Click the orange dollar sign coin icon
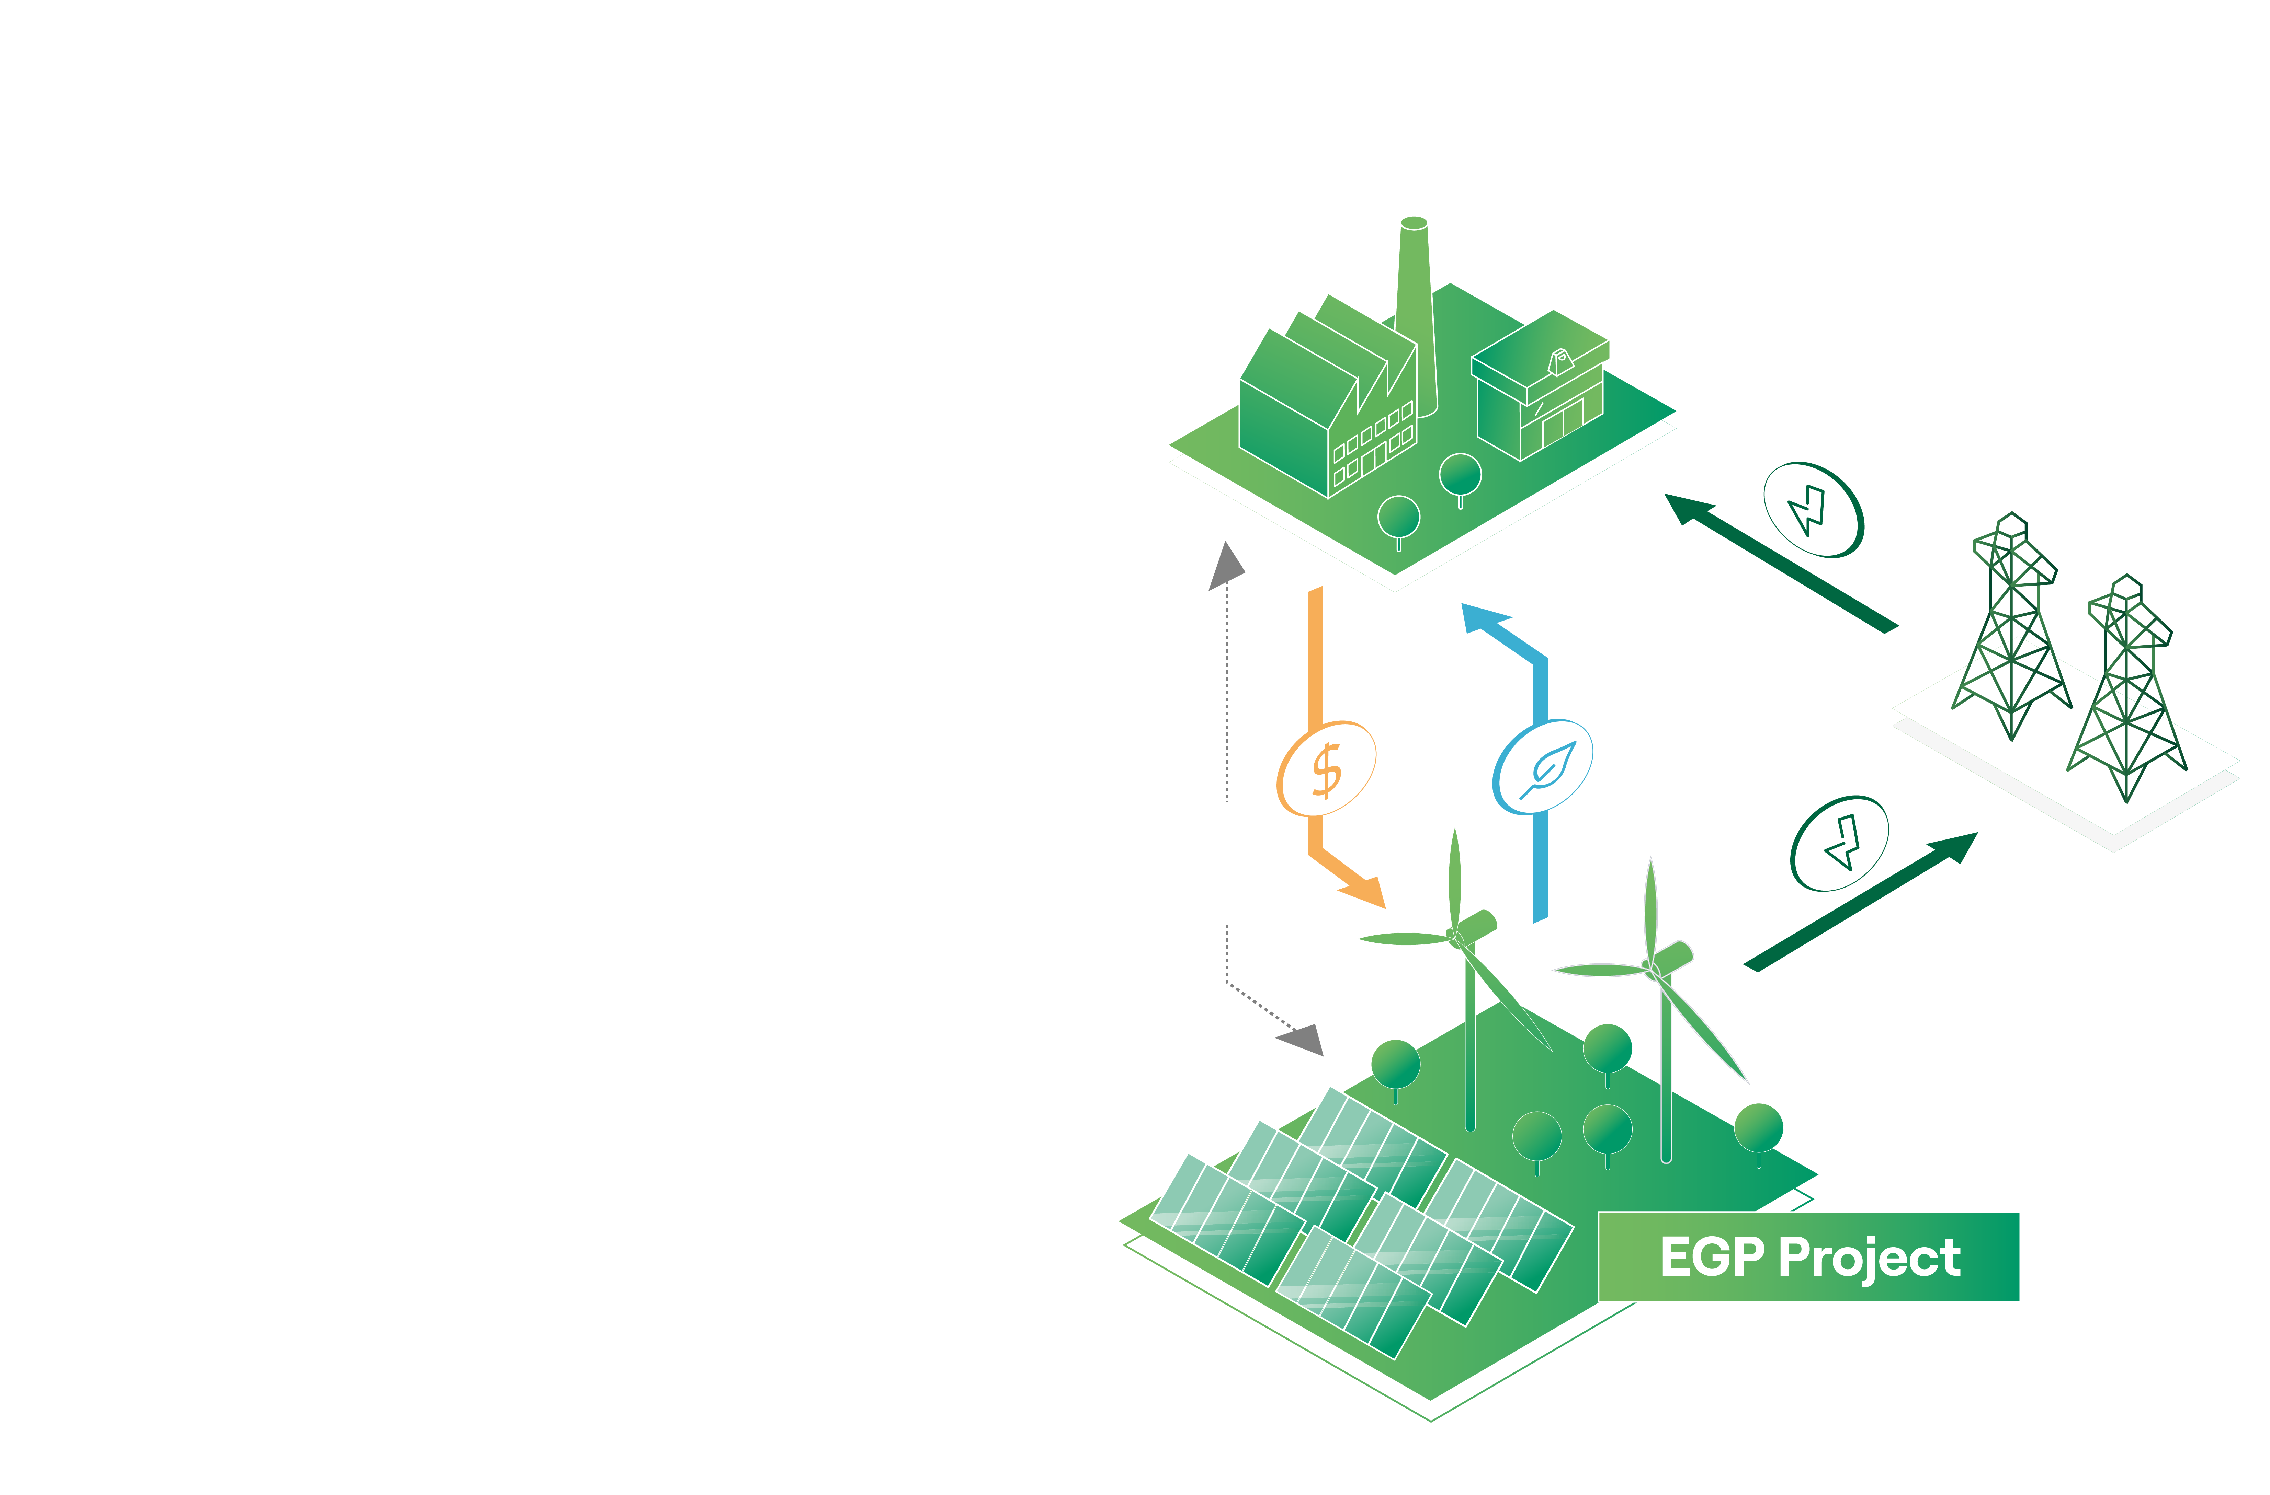pos(1326,768)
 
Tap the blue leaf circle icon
pos(1542,767)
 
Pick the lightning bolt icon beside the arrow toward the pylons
pos(1839,843)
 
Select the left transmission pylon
pos(2012,629)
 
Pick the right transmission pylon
pos(2127,691)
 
